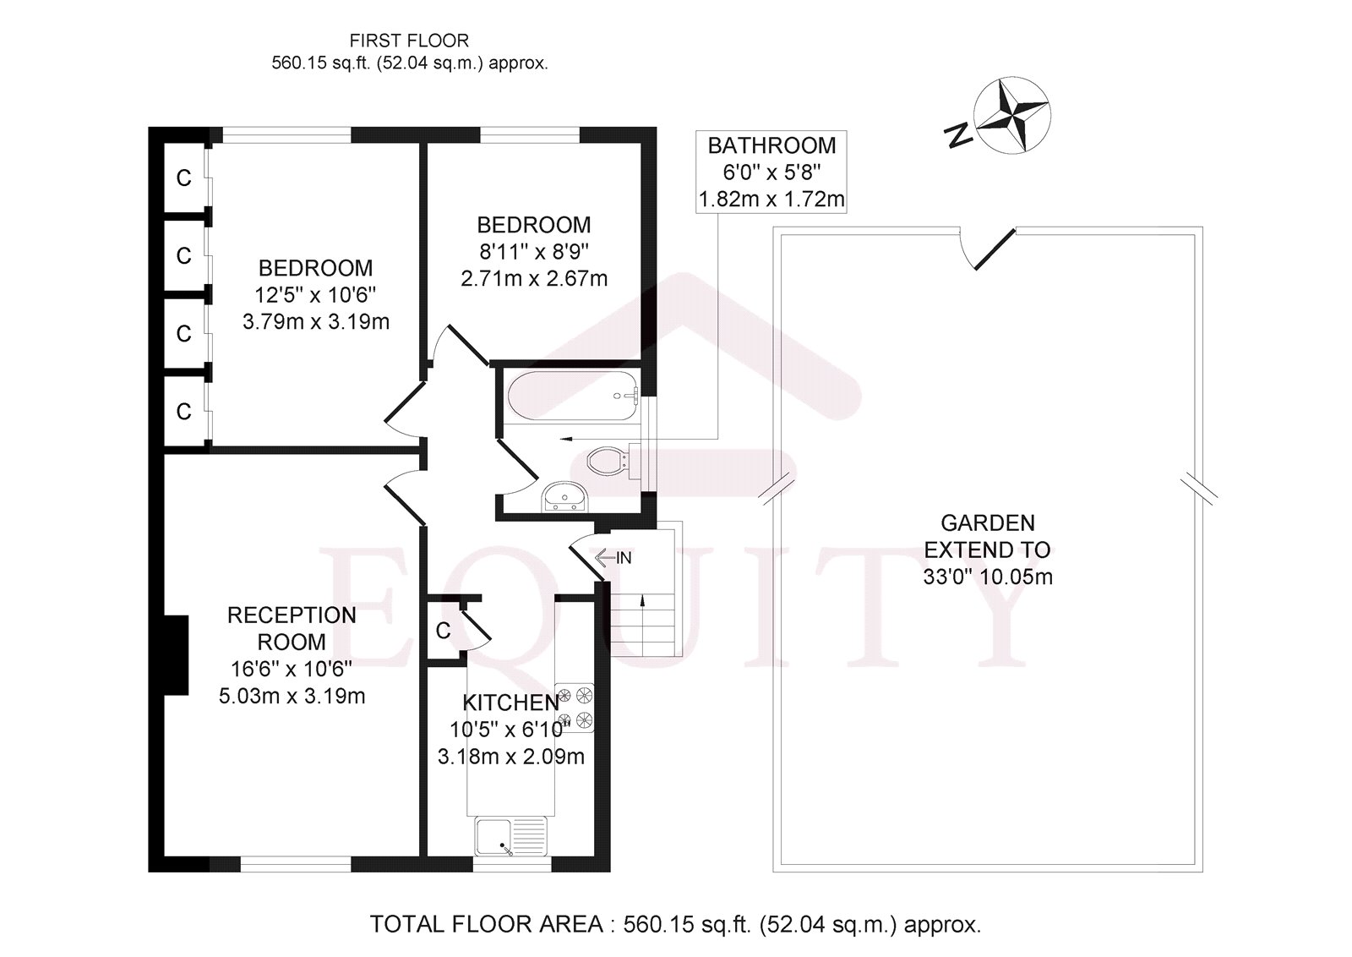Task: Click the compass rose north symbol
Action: (1011, 117)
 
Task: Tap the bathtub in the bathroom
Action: (572, 396)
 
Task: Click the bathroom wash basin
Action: (563, 497)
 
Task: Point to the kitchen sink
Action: (510, 837)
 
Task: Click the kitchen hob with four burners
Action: (575, 708)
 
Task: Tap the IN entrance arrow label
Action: (613, 558)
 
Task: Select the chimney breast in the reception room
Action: (176, 655)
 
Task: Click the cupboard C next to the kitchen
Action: (443, 631)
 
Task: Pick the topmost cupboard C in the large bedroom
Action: (183, 178)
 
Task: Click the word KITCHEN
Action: (510, 703)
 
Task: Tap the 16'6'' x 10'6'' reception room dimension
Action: (292, 669)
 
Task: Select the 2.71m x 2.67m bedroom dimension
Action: (534, 278)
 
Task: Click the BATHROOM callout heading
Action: (771, 145)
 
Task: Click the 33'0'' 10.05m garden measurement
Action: (987, 577)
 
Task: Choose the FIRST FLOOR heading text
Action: (409, 40)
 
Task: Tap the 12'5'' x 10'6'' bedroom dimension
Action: (315, 295)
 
